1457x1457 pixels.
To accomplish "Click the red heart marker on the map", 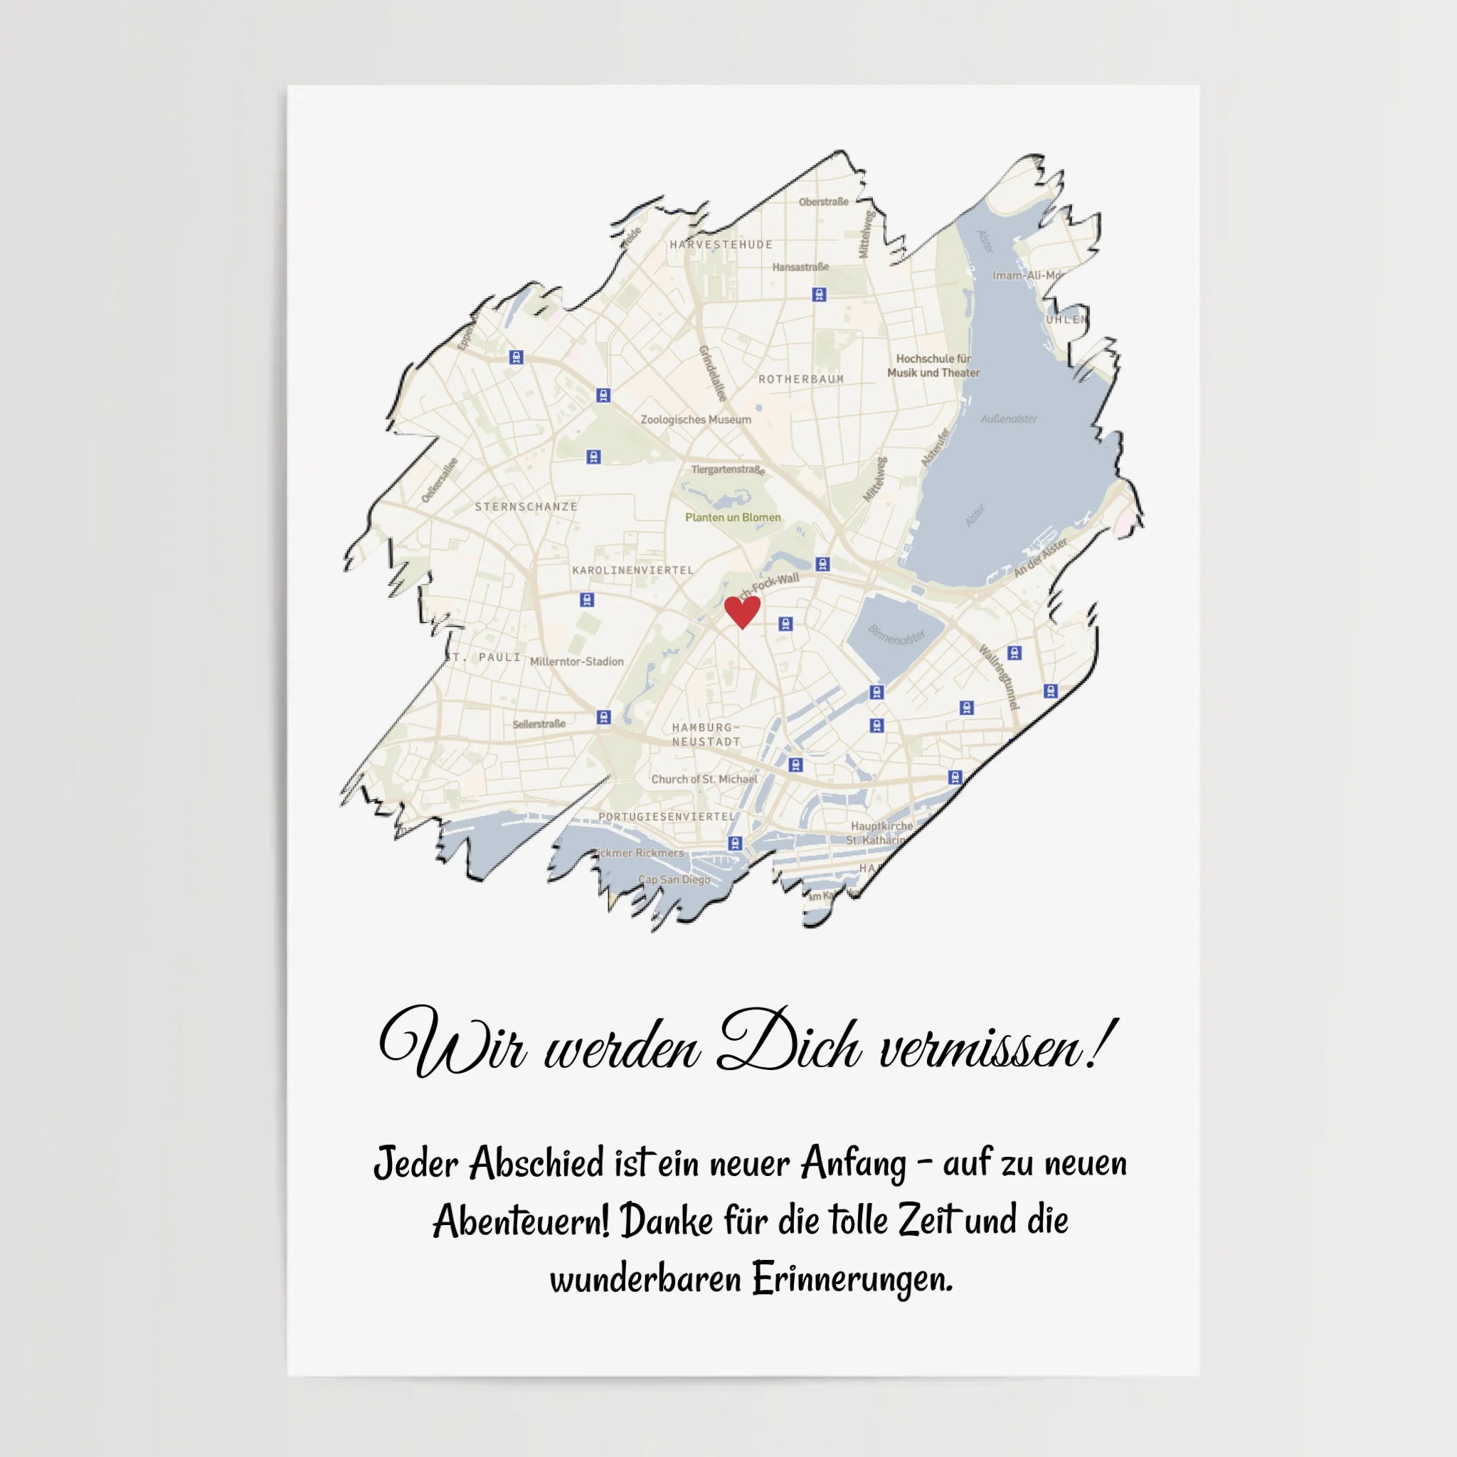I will [x=742, y=611].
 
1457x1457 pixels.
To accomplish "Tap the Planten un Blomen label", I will [x=732, y=517].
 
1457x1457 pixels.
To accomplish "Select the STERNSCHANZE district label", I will [x=526, y=507].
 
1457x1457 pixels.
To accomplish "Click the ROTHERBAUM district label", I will [x=801, y=379].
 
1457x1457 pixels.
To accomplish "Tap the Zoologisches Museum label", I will [x=695, y=420].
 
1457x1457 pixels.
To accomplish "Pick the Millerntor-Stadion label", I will [x=577, y=662].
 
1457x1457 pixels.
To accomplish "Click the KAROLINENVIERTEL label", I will [x=632, y=570].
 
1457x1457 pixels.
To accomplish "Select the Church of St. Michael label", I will [x=704, y=779].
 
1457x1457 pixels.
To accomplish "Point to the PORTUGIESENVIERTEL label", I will [x=667, y=817].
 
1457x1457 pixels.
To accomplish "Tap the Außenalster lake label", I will [x=1009, y=419].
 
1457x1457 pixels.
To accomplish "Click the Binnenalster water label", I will [x=896, y=635].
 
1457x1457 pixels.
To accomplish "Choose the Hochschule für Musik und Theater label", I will [x=933, y=366].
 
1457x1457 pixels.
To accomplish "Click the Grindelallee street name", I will [x=713, y=373].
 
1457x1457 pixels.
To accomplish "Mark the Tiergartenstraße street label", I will [x=728, y=470].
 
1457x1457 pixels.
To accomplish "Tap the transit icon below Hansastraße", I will [x=819, y=295].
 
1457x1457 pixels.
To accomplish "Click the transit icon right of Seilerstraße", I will [x=603, y=716].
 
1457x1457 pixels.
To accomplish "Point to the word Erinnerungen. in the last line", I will [x=852, y=1279].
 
